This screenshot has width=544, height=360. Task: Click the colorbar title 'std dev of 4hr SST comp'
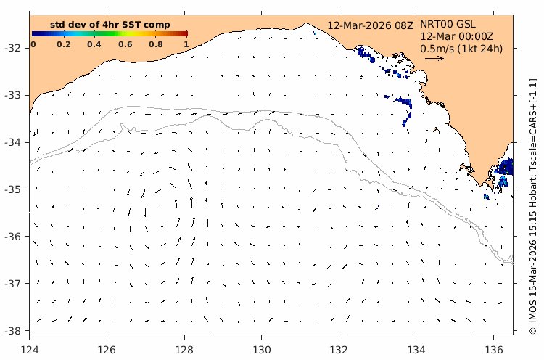(110, 25)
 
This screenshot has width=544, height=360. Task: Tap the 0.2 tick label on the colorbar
(64, 44)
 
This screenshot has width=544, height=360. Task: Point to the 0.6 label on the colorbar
(125, 44)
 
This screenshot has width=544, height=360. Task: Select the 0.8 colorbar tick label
(156, 44)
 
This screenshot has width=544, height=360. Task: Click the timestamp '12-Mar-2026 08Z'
(370, 25)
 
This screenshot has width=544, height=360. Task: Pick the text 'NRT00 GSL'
(447, 24)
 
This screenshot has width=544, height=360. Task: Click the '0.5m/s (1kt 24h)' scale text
(461, 49)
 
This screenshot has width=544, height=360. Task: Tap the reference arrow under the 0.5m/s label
(434, 59)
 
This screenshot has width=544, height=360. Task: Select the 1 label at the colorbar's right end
(186, 44)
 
